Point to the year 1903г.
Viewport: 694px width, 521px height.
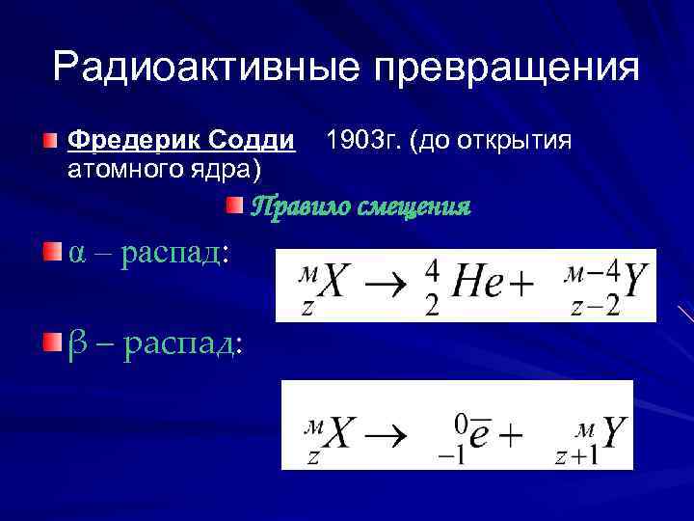tap(363, 142)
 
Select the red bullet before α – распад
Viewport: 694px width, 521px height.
tap(50, 252)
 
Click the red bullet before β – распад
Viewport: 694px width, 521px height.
tap(50, 341)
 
